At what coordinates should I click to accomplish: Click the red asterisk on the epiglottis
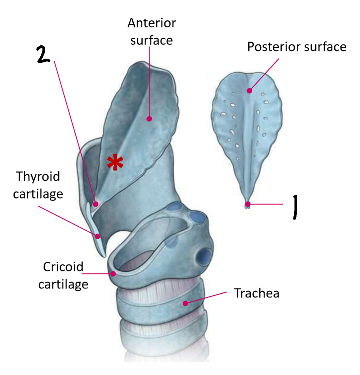115,163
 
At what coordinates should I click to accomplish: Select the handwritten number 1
294,207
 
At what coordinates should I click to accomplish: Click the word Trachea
256,293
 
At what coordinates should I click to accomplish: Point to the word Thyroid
38,176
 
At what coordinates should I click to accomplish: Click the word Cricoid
63,267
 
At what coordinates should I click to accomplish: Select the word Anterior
152,23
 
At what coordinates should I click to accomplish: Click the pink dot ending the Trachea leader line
185,303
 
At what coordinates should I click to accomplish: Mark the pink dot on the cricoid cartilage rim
113,274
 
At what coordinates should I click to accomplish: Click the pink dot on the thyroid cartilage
98,236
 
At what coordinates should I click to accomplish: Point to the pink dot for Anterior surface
149,118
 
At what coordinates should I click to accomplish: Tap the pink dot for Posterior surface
249,90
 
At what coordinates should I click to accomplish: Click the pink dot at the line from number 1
248,204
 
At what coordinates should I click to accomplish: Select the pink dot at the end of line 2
96,203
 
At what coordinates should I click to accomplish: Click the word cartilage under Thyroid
38,194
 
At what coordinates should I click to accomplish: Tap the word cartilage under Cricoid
63,284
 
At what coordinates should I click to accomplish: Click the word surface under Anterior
152,40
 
